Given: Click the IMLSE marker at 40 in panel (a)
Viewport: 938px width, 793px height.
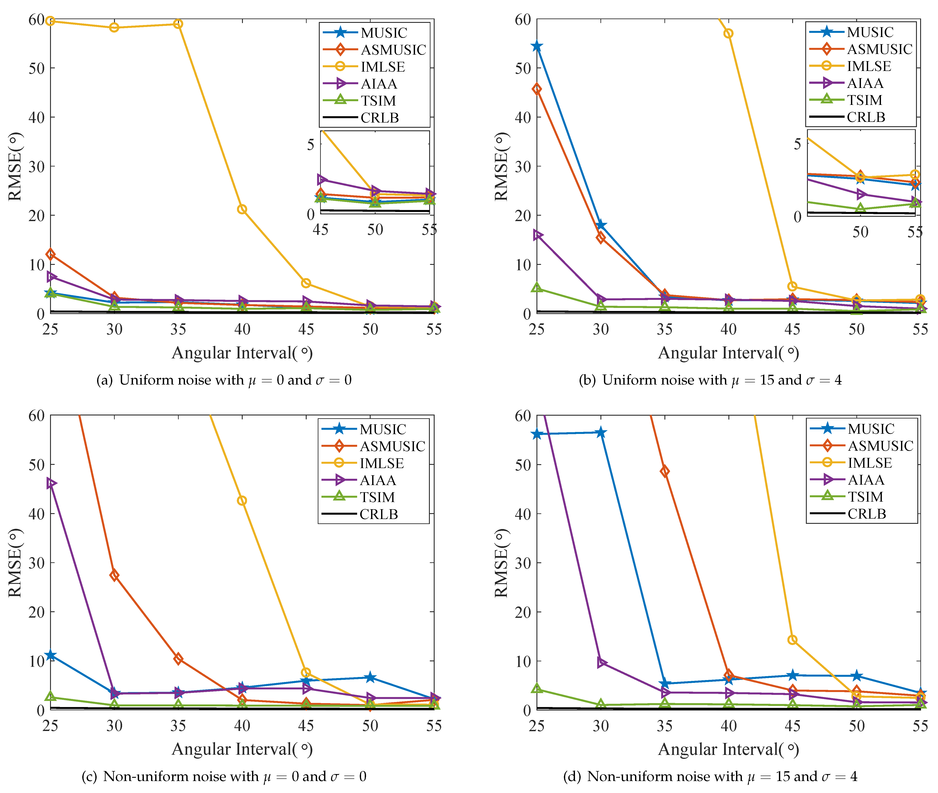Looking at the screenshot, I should [x=242, y=210].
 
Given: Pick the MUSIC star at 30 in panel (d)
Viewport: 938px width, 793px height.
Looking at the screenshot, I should [x=601, y=432].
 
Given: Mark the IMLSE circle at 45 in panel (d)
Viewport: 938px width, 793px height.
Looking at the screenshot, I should [x=792, y=640].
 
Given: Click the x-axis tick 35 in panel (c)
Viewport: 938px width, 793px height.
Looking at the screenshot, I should [x=178, y=726].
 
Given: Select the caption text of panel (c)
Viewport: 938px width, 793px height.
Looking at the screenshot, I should [x=224, y=776].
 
